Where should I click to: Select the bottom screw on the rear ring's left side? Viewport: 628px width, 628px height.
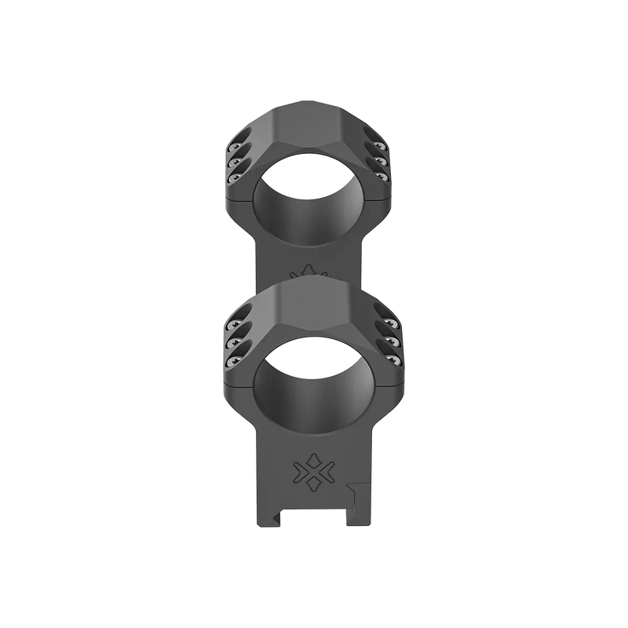(x=233, y=178)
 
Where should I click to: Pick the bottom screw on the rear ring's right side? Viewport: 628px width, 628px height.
(x=394, y=178)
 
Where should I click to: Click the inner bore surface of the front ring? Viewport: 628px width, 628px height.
(x=314, y=392)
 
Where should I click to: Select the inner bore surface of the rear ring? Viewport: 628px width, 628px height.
(x=314, y=208)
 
